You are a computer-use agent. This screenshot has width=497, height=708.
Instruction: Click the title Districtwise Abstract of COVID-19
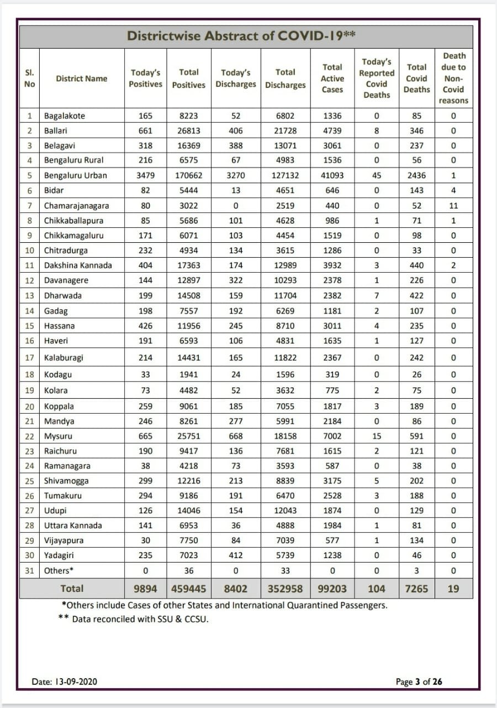[241, 36]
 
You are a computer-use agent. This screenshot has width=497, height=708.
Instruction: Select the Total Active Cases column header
[332, 79]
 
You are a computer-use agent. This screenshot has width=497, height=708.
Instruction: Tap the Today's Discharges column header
[236, 79]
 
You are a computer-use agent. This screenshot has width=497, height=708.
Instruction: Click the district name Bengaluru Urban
[76, 175]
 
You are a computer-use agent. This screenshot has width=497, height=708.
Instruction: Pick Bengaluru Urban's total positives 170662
[188, 175]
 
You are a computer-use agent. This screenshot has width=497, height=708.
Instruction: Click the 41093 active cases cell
[332, 175]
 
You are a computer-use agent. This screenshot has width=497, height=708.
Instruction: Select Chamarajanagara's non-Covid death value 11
[453, 205]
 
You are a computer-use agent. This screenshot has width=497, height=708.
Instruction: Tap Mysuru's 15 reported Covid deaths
[377, 436]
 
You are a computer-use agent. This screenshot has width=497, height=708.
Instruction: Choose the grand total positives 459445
[188, 589]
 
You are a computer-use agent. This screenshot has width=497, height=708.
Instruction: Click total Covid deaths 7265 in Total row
[416, 589]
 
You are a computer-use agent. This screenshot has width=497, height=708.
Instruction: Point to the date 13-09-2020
[65, 681]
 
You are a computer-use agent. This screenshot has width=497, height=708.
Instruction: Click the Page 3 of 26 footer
[419, 681]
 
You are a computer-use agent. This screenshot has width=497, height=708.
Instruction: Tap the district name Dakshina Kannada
[78, 265]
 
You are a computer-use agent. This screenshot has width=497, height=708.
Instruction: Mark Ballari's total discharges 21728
[285, 131]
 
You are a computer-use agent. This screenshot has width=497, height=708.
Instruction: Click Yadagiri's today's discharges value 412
[236, 555]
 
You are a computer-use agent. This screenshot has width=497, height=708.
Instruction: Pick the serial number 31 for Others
[30, 570]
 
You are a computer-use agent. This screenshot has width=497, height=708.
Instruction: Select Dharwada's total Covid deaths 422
[416, 295]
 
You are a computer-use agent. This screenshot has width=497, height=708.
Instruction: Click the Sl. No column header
[30, 79]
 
